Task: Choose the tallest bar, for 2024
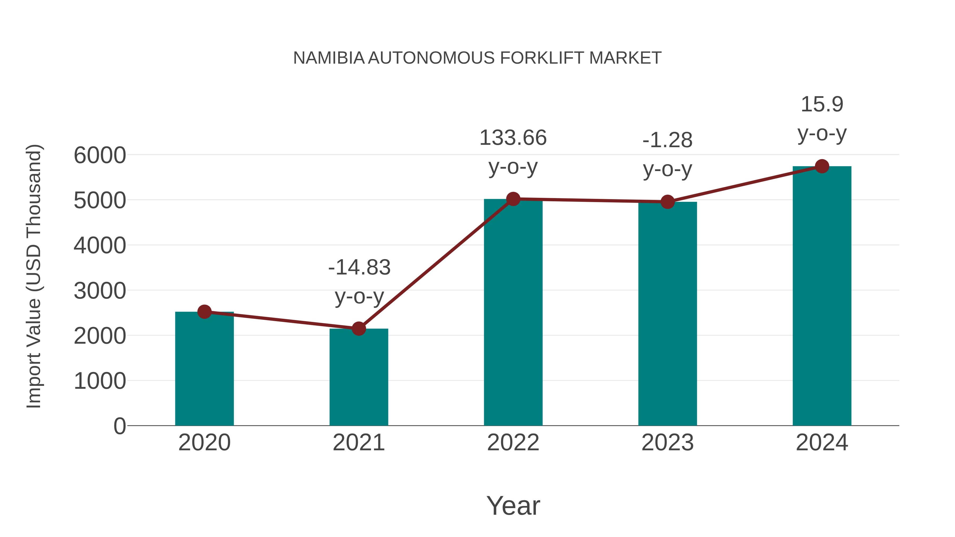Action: click(822, 296)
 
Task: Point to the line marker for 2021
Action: click(358, 328)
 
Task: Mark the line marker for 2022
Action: click(513, 199)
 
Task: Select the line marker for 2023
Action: click(667, 202)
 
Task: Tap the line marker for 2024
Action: click(822, 166)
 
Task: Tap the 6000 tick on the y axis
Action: click(100, 155)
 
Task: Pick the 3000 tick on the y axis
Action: click(100, 291)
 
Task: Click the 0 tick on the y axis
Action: click(119, 426)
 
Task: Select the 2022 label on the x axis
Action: click(513, 443)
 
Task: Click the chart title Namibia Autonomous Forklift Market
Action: click(477, 58)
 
